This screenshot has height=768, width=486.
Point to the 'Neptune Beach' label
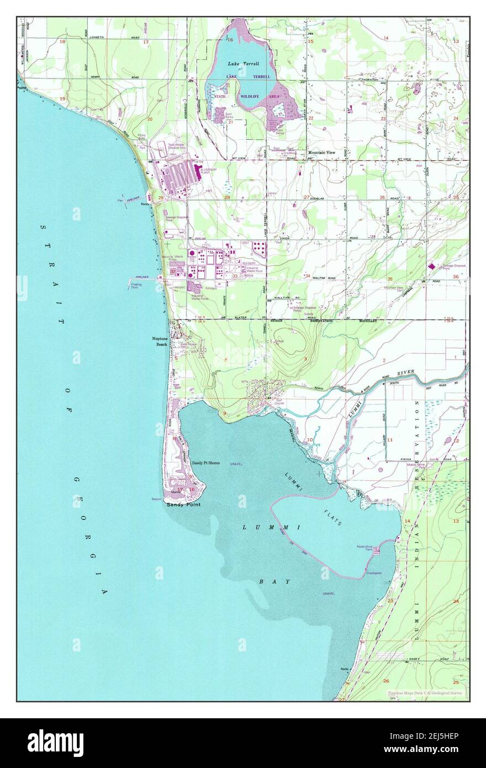(160, 341)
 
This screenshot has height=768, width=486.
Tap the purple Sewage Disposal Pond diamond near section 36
(431, 266)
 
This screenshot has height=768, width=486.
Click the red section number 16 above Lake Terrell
(230, 40)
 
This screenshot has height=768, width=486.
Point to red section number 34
(308, 276)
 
